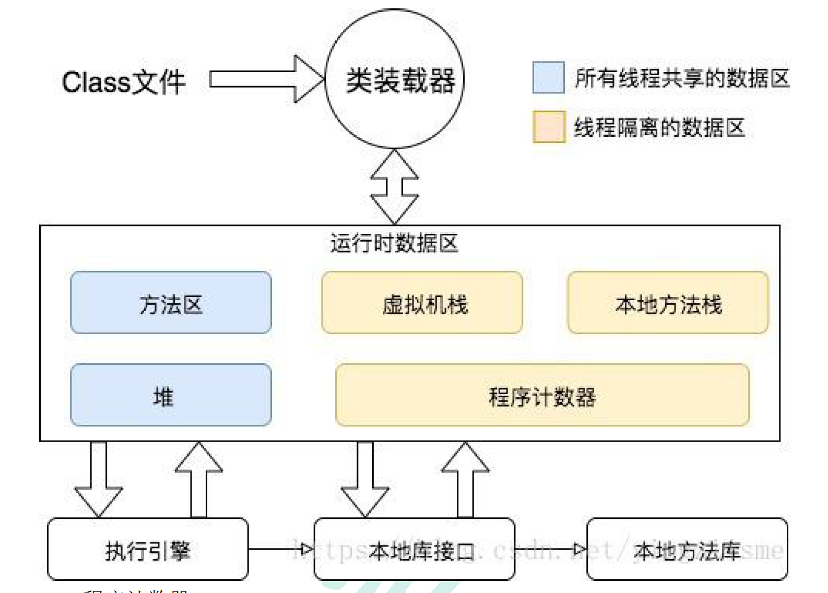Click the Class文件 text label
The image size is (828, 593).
(124, 82)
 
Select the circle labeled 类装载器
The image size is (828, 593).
(395, 79)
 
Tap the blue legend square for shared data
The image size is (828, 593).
(548, 77)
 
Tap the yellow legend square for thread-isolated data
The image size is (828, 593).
(549, 126)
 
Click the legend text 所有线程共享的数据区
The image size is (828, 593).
(681, 78)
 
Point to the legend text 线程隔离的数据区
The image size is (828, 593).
(659, 127)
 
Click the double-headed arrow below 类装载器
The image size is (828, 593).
(394, 187)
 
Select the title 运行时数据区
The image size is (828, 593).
(394, 243)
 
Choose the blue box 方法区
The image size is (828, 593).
(171, 303)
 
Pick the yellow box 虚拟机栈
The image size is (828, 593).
(422, 303)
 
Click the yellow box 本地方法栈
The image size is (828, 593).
(668, 303)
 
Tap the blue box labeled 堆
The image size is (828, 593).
(171, 395)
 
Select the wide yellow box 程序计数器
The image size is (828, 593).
(542, 395)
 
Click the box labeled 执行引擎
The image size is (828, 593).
(147, 549)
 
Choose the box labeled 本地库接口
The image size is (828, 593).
(414, 549)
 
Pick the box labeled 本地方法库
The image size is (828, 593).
(687, 549)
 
